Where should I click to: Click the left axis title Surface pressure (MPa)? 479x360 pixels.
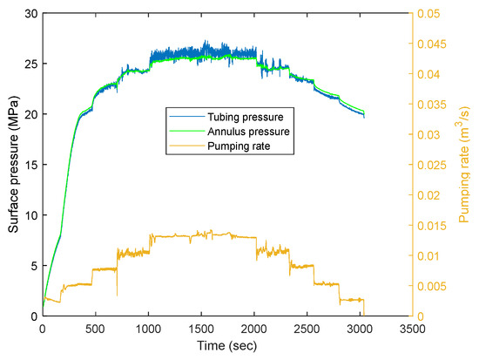tap(14, 165)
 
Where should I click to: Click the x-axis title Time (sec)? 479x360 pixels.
tap(227, 348)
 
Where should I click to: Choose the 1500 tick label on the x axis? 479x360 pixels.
tap(201, 330)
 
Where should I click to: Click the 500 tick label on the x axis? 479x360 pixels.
tap(95, 330)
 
